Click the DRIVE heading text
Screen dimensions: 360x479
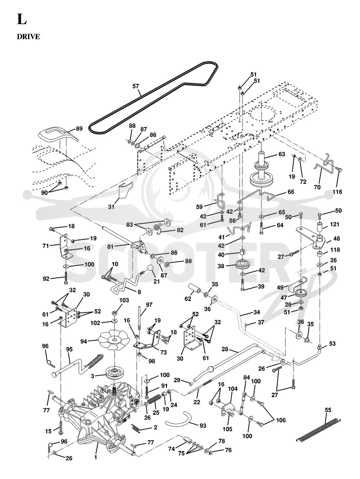tap(28, 36)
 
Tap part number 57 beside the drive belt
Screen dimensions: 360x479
tap(135, 86)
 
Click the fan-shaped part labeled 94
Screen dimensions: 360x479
tap(115, 340)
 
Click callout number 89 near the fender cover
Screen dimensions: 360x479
tap(79, 129)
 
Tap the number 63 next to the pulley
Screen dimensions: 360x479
tap(282, 154)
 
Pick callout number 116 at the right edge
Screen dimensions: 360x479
tap(337, 192)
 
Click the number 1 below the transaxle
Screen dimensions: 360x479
tap(95, 457)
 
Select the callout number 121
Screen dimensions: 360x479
tap(335, 224)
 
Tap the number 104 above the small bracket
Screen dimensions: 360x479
tap(233, 389)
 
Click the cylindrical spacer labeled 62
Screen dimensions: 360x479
tap(196, 289)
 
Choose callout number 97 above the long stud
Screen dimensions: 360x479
tap(148, 305)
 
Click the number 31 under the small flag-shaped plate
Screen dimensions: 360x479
tap(111, 207)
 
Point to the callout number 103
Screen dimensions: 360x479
tap(124, 300)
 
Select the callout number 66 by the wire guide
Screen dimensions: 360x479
tap(291, 192)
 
